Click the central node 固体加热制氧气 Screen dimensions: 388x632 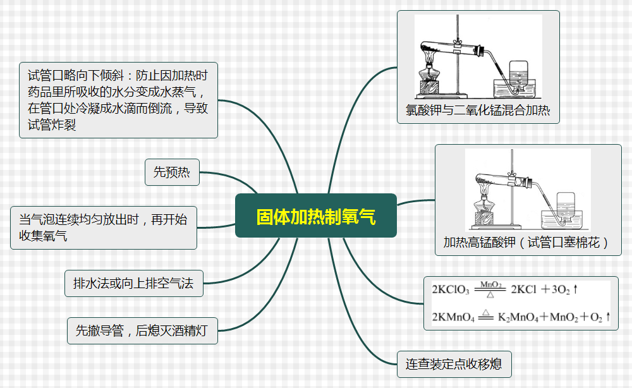[x=315, y=216]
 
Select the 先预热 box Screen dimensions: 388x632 [x=172, y=172]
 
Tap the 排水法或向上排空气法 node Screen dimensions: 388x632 [x=134, y=283]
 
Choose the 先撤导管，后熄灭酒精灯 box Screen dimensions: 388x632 [x=142, y=330]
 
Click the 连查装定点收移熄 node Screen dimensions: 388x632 [x=454, y=364]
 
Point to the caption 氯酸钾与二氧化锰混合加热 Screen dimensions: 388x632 [x=478, y=112]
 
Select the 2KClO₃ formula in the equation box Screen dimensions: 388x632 [x=451, y=290]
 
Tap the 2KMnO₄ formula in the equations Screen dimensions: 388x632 [x=453, y=317]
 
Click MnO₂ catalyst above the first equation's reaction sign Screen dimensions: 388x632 [x=491, y=284]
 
